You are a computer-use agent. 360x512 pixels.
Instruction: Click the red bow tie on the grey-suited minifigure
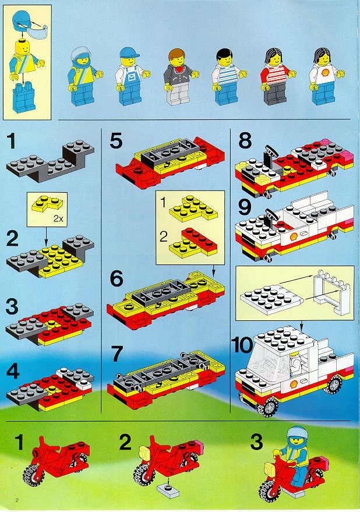[x=178, y=69]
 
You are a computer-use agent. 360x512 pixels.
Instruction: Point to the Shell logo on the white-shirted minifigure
[x=325, y=72]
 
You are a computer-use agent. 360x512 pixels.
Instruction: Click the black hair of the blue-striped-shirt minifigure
[x=224, y=53]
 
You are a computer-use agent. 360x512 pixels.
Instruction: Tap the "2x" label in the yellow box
[x=58, y=219]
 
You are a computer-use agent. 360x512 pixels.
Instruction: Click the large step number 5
[x=116, y=141]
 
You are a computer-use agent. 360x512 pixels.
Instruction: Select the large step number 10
[x=242, y=345]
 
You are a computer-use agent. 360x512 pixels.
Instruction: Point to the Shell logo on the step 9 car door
[x=294, y=236]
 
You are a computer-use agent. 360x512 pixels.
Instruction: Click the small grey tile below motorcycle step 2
[x=168, y=492]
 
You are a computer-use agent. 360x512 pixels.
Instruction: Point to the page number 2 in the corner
[x=17, y=500]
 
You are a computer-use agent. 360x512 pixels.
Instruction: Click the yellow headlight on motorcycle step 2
[x=144, y=453]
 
